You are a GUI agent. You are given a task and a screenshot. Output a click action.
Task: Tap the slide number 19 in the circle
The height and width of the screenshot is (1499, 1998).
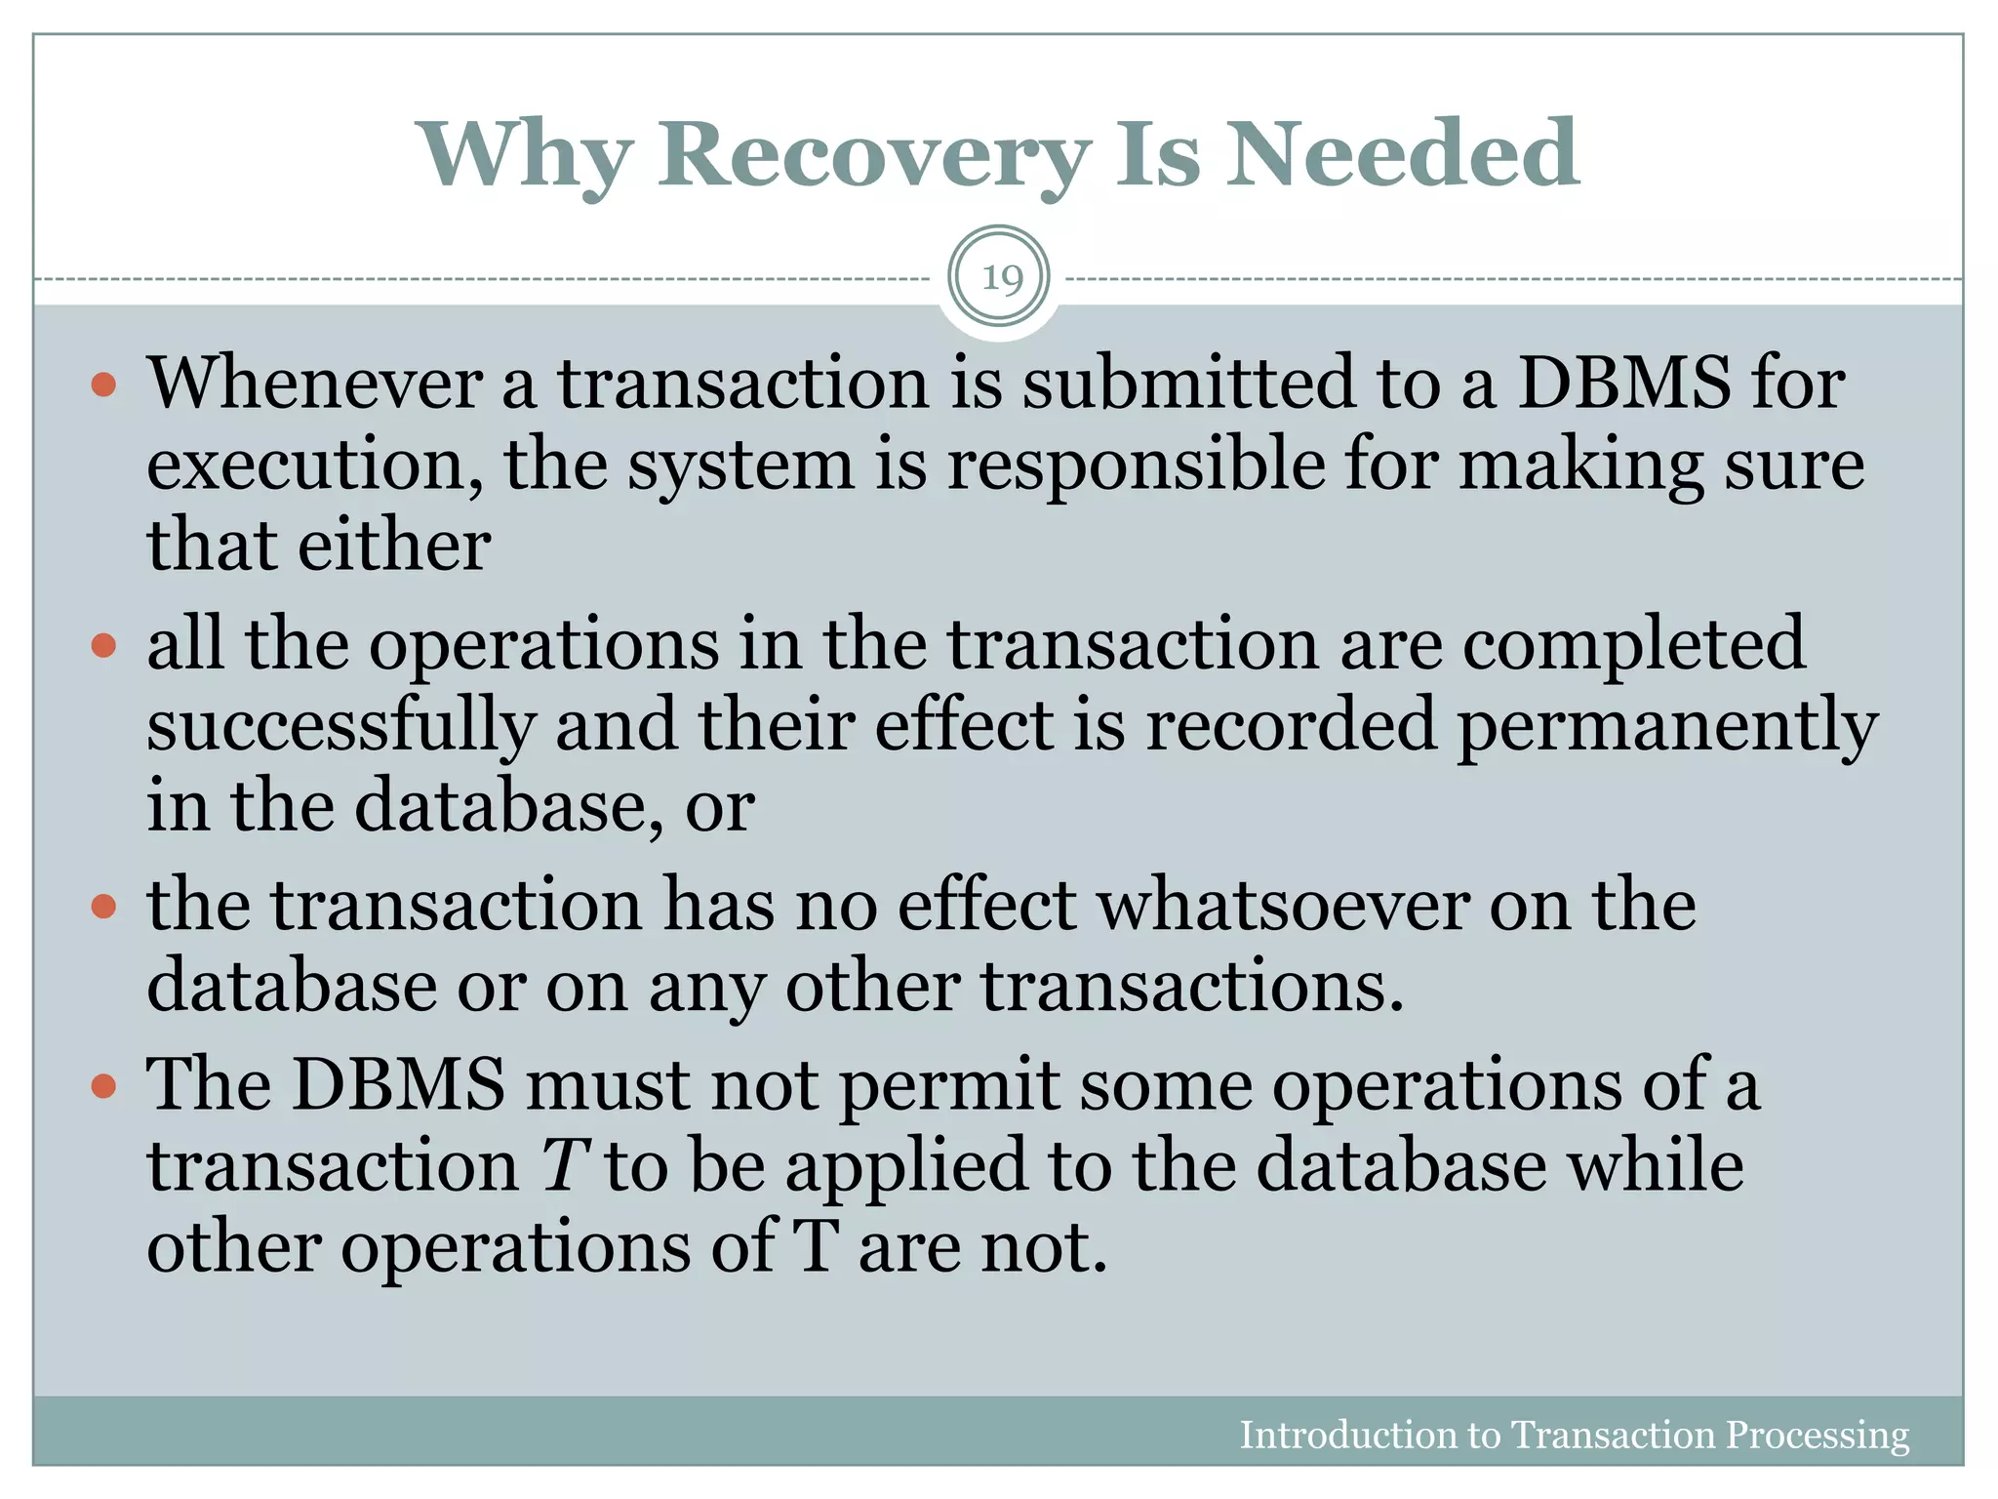[x=1000, y=279]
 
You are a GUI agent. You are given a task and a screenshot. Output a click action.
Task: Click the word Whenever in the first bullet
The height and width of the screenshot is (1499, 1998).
[x=314, y=383]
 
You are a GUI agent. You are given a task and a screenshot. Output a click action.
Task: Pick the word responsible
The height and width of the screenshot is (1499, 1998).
[x=1137, y=465]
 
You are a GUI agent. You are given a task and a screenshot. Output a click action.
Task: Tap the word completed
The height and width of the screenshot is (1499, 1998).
[x=1634, y=646]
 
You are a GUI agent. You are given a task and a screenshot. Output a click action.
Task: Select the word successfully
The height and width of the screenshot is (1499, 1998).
[x=341, y=726]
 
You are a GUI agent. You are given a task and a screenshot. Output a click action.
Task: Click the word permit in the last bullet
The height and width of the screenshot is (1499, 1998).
[x=948, y=1086]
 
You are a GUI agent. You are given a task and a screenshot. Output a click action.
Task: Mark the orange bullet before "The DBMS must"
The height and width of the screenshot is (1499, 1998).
[x=103, y=1086]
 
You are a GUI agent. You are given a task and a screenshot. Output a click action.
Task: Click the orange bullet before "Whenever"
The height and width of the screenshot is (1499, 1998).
[x=103, y=385]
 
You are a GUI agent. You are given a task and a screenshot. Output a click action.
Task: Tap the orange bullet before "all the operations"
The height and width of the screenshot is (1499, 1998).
[x=103, y=645]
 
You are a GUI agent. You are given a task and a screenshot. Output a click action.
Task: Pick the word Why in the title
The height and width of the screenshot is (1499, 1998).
[x=526, y=156]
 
